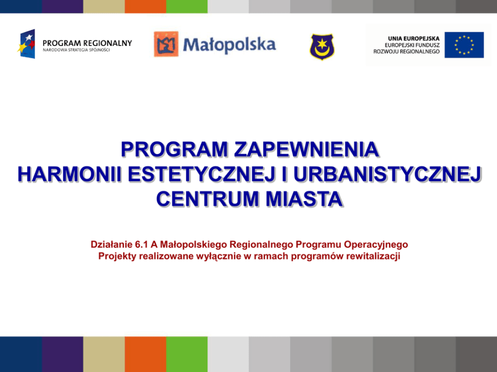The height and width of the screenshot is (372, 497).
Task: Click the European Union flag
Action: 464,45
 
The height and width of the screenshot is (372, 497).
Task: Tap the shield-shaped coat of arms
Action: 322,47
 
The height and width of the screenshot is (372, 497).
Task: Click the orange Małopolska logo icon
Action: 166,44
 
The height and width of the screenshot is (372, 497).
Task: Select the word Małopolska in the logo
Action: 229,45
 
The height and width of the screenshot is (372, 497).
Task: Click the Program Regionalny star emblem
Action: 27,44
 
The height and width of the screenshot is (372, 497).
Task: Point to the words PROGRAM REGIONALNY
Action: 87,43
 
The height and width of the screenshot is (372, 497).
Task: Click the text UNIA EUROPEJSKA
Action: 414,38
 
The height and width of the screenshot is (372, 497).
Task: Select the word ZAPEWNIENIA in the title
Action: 307,149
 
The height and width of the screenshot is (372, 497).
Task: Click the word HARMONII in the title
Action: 70,174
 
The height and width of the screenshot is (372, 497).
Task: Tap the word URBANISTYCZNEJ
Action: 387,174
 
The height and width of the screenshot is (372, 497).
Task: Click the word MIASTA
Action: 304,199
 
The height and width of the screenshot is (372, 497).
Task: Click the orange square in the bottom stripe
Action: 145,354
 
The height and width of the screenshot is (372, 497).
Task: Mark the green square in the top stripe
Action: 187,6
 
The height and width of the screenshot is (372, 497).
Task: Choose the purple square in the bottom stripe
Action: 63,354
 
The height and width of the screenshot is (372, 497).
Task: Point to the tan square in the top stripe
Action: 104,6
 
